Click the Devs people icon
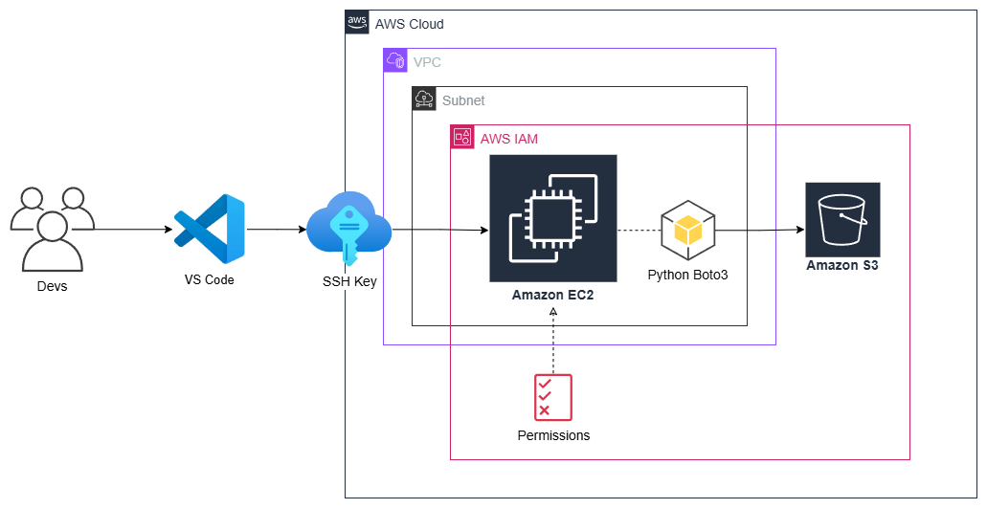(x=52, y=230)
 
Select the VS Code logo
(x=210, y=229)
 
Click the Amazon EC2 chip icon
(x=553, y=218)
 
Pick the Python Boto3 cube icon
(x=688, y=230)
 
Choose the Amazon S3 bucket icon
(x=842, y=219)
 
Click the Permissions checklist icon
(x=553, y=396)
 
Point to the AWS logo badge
(x=357, y=23)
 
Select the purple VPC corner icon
(x=395, y=61)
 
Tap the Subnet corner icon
(x=424, y=100)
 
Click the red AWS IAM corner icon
(x=462, y=138)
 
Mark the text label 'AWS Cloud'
(x=410, y=24)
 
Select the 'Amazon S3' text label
(x=842, y=266)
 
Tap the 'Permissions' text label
(x=553, y=435)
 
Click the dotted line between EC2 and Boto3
(x=639, y=231)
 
